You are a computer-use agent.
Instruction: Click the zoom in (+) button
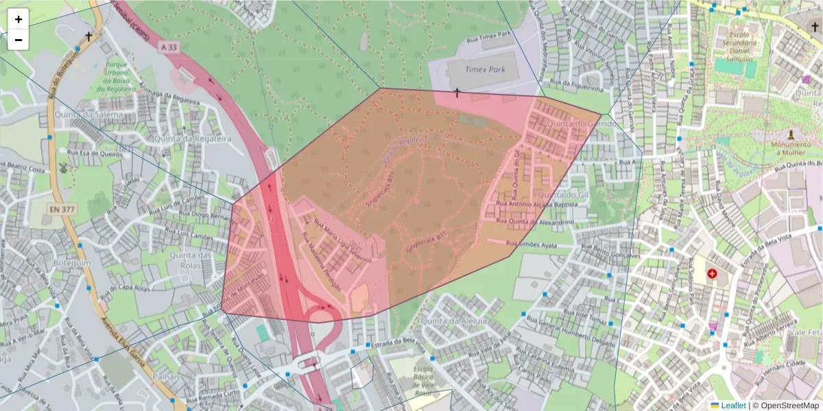click(19, 19)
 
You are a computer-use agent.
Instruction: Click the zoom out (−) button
click(19, 40)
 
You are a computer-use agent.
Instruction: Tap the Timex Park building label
click(479, 69)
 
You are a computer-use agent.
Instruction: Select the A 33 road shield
click(169, 47)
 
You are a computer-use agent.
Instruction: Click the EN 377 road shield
click(62, 208)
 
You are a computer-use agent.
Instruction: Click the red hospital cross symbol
click(712, 273)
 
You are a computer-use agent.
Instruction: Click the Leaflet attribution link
click(733, 405)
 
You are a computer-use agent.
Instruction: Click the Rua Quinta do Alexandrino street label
click(534, 222)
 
